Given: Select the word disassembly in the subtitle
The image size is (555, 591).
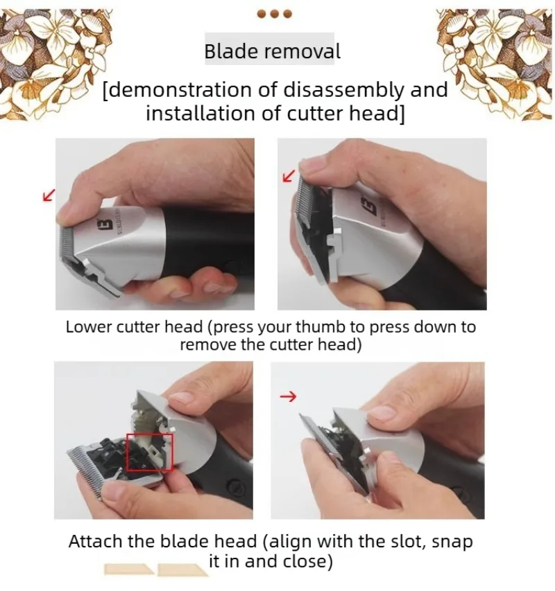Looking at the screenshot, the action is pos(343,89).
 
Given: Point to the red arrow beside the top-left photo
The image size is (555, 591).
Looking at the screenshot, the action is pos(49,195).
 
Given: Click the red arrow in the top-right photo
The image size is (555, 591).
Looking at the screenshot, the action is pos(289,177).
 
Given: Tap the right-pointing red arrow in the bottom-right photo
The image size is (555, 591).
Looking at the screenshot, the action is pos(288,396).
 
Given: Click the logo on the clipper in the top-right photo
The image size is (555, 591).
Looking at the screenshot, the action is pos(372,205).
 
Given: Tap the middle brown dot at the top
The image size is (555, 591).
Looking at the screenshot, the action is pos(275,14).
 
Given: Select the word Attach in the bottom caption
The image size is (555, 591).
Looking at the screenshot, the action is pos(96,542).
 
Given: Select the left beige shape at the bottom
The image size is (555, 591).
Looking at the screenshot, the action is pos(129,569).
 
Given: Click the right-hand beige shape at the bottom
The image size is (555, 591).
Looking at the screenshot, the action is pos(182,570).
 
